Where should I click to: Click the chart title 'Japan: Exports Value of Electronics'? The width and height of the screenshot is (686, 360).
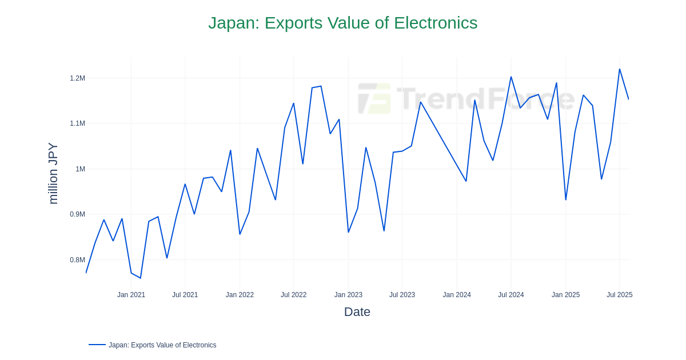click(342, 23)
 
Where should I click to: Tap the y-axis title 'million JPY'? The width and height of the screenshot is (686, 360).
click(53, 173)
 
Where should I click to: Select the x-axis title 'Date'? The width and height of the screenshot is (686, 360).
click(357, 312)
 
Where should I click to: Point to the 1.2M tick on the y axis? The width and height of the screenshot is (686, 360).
click(77, 78)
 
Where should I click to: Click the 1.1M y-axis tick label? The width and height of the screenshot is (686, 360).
click(77, 123)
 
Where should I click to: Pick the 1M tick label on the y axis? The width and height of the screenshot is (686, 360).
click(80, 169)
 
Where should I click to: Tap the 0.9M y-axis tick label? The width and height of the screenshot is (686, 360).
click(77, 214)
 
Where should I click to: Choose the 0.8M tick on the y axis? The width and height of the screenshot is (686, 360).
click(77, 260)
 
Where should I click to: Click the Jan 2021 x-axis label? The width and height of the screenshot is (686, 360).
click(131, 295)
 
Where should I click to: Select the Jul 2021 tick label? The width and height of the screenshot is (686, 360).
click(185, 295)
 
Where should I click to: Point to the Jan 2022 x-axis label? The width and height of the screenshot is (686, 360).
click(240, 295)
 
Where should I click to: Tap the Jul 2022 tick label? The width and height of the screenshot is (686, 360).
click(293, 295)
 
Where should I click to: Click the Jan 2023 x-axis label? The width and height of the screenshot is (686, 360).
click(348, 295)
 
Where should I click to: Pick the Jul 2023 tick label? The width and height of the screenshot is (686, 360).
click(402, 295)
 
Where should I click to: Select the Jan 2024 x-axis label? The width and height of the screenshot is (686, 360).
click(457, 295)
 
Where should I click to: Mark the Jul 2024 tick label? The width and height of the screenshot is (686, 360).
click(510, 295)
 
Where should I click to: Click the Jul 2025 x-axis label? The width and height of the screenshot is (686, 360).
click(619, 295)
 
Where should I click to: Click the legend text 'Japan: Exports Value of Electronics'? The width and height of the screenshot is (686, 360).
click(162, 345)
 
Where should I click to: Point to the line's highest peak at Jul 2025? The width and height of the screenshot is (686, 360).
click(620, 69)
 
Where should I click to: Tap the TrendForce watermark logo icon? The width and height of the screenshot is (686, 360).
click(374, 98)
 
